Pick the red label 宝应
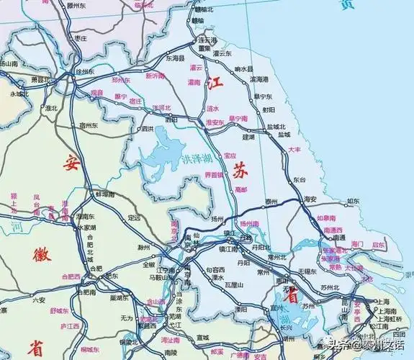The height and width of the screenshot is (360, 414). click(230, 155)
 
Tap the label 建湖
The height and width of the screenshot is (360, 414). click(249, 135)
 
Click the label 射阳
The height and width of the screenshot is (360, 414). click(269, 109)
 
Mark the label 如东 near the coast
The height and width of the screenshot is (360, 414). click(352, 202)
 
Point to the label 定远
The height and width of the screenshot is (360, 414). click(134, 217)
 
